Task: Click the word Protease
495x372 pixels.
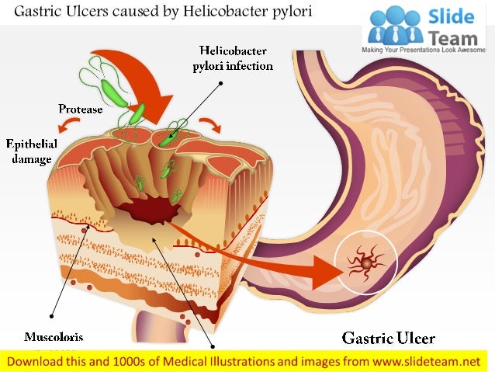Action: pyautogui.click(x=81, y=110)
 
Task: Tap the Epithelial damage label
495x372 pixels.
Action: pyautogui.click(x=29, y=151)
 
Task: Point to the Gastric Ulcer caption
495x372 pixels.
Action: pyautogui.click(x=389, y=338)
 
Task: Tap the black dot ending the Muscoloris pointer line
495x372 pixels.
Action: pyautogui.click(x=52, y=315)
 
